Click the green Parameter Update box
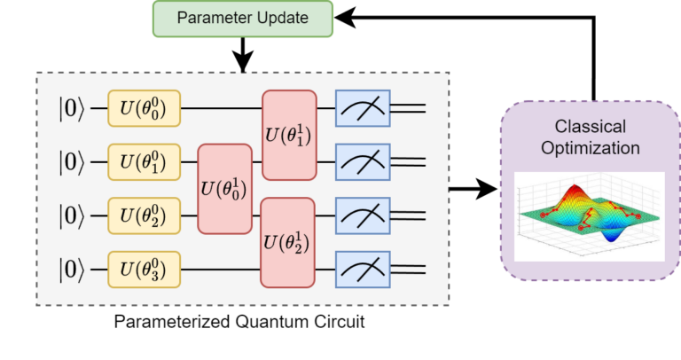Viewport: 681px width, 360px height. [x=242, y=19]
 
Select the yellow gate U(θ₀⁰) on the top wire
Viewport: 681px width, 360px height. [x=144, y=110]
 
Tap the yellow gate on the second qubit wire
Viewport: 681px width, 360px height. [x=144, y=162]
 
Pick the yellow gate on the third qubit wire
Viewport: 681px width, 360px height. [x=144, y=215]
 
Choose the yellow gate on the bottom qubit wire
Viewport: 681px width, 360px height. [x=144, y=267]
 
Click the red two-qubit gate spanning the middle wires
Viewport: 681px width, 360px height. [x=225, y=188]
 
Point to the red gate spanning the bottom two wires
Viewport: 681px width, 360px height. [x=288, y=241]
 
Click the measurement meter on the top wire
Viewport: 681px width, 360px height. [x=363, y=110]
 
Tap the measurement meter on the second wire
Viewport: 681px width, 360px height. [x=363, y=162]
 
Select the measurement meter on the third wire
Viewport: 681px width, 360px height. [x=363, y=215]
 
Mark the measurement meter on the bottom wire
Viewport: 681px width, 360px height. [x=363, y=267]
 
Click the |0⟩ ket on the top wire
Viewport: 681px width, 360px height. [x=74, y=110]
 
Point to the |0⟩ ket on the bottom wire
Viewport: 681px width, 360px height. [x=74, y=267]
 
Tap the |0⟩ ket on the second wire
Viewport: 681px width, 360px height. [x=74, y=162]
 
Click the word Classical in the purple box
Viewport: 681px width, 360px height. [x=590, y=127]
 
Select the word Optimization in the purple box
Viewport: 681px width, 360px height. [x=590, y=148]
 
